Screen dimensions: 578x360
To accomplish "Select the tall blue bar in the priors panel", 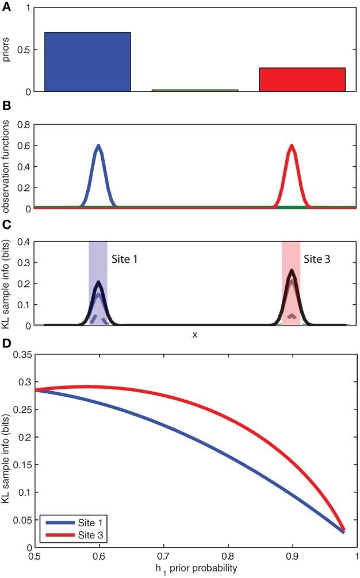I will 87,62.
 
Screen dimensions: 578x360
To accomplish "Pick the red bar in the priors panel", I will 302,80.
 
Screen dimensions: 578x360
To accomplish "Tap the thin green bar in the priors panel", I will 195,90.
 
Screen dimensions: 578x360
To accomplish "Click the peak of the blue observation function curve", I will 98,146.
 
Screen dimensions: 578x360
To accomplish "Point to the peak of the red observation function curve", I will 292,146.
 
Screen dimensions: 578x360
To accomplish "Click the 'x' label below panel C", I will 195,334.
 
